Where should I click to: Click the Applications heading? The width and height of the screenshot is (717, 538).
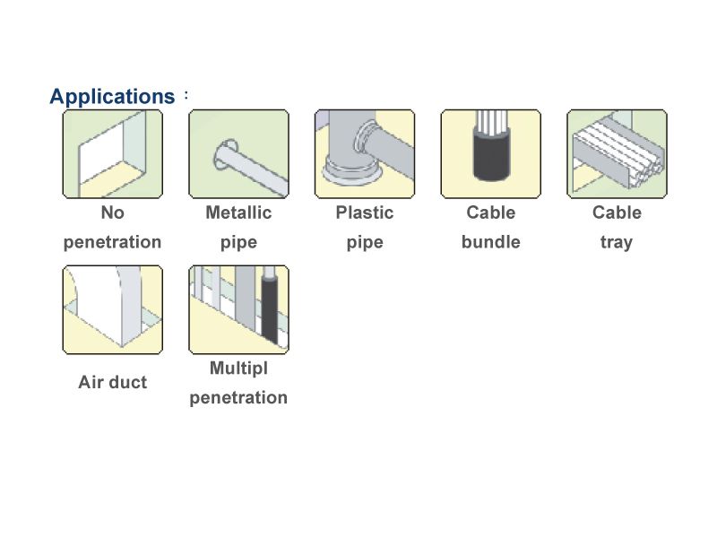point(112,96)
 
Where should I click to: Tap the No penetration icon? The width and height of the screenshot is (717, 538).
point(112,154)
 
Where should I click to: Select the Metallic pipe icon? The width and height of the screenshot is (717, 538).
point(238,154)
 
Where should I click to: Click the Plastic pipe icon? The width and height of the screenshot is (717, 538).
point(365,154)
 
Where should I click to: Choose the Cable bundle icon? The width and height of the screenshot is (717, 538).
point(490,154)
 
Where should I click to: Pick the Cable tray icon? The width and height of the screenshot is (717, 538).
point(617,154)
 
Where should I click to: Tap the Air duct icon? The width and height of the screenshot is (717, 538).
point(112,309)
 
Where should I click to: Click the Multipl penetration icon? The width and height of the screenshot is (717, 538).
point(238,309)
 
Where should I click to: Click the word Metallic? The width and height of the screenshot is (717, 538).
point(238,213)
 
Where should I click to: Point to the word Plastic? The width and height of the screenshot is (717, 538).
point(365,213)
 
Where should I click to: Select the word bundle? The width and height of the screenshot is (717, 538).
point(490,242)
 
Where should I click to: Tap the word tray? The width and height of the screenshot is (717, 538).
point(617,242)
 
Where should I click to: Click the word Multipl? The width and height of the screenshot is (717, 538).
point(238,368)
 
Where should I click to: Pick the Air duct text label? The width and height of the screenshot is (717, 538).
point(112,382)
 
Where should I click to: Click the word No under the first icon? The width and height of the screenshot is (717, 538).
point(112,213)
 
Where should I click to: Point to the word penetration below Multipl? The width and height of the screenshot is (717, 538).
point(238,397)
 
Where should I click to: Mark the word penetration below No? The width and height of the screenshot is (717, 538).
point(112,242)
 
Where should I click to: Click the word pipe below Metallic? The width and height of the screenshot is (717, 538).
point(238,242)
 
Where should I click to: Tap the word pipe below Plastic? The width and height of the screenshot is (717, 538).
point(365,242)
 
